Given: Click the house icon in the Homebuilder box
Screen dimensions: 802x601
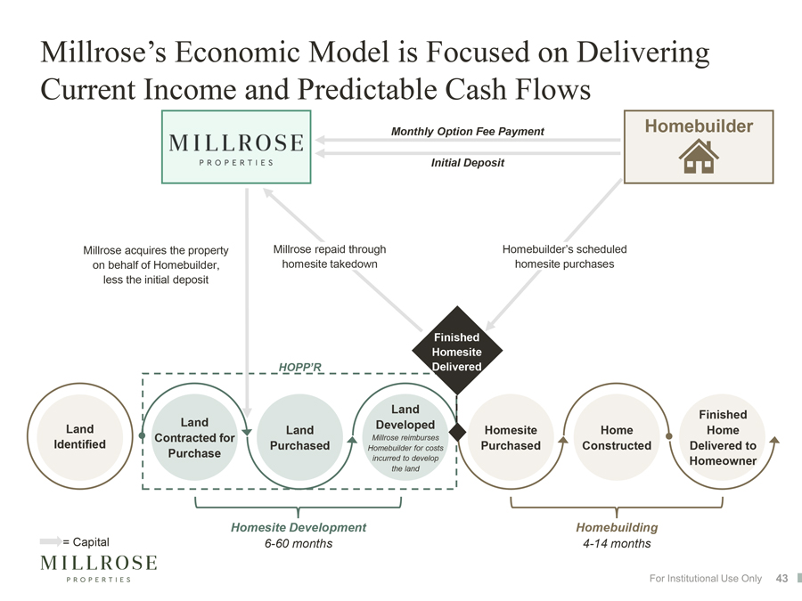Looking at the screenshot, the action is point(699,157).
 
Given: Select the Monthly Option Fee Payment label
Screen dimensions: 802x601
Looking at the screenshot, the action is point(468,132).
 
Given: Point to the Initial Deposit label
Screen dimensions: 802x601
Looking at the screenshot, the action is point(468,163).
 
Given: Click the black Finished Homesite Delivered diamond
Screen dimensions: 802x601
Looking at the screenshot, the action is point(457,351).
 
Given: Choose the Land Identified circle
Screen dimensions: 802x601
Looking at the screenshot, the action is point(80,436).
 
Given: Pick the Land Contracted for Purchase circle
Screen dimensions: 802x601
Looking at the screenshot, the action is point(194,437).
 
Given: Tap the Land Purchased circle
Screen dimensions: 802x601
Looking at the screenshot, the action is point(299,437).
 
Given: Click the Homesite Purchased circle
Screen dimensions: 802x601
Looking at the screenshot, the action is point(511,437).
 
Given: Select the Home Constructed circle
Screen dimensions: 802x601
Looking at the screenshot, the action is point(617,437).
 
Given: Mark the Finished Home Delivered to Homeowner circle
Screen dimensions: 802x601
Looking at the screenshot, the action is point(723,437).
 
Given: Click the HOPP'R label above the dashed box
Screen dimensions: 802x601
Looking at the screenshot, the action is point(300,367).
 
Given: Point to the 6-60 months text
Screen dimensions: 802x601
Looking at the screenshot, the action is point(299,543).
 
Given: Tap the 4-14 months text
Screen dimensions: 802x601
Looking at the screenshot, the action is point(617,543).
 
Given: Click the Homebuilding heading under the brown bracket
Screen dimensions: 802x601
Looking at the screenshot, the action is point(617,527).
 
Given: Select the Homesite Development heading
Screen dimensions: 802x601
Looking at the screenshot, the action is point(299,527).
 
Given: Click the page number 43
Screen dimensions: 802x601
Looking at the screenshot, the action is point(782,578).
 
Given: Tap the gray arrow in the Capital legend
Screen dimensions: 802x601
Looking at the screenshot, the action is point(51,541).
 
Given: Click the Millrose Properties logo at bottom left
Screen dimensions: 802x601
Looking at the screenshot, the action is point(99,568).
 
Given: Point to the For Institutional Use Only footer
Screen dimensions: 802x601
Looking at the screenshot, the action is point(706,578).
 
